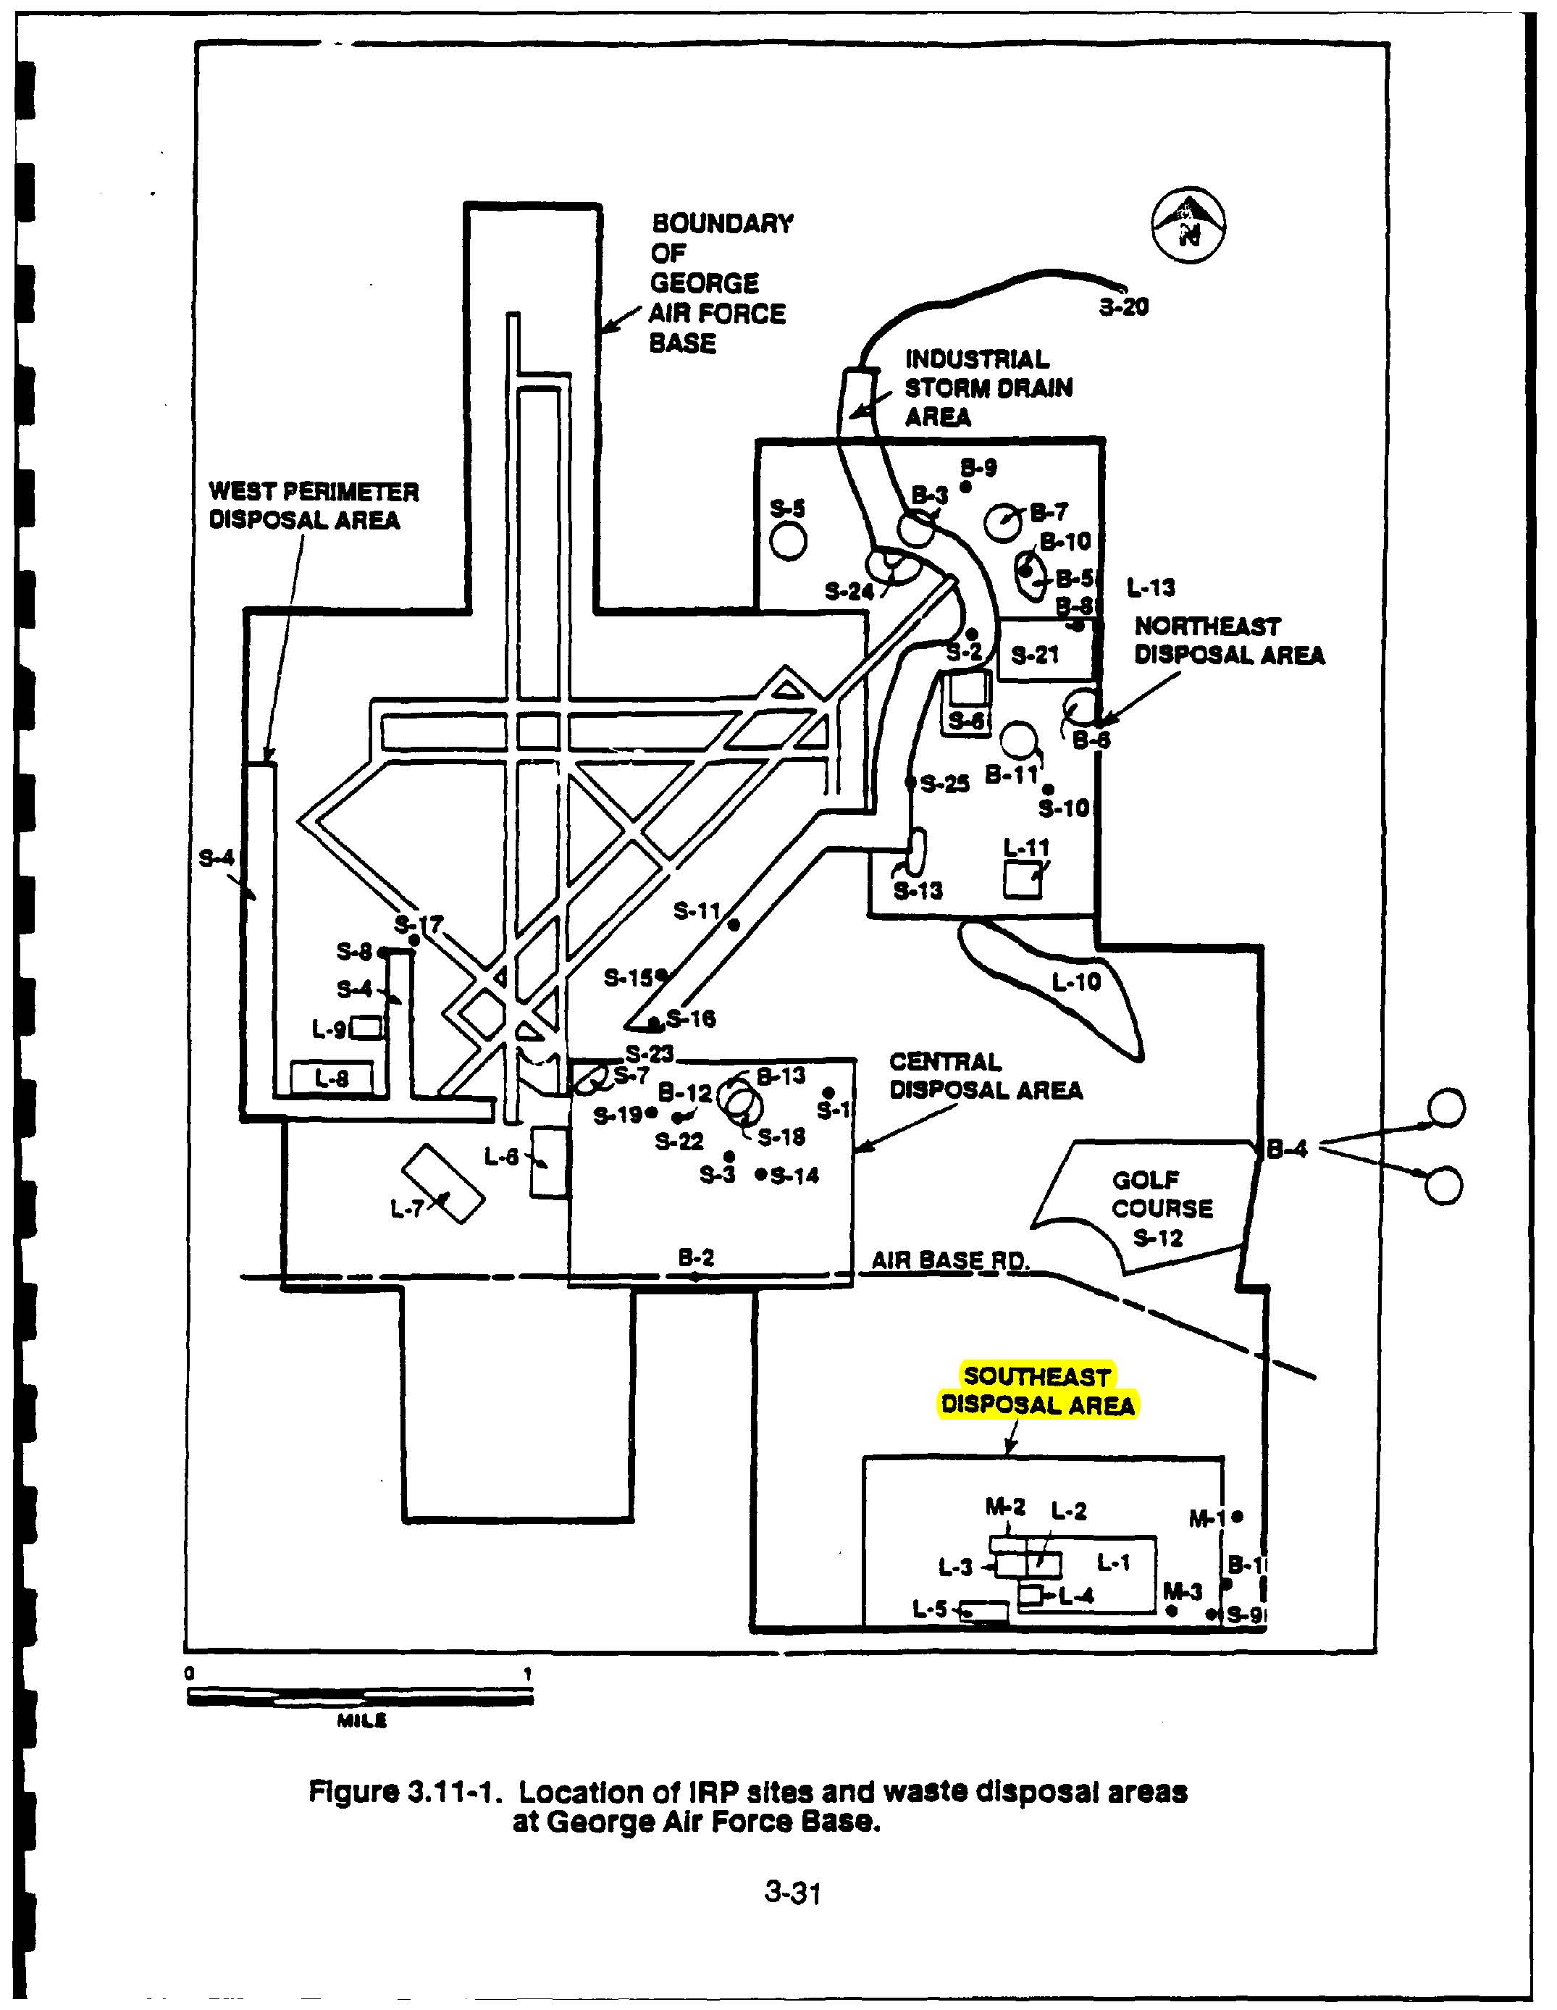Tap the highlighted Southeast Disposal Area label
1037,1391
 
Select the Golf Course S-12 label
1162,1208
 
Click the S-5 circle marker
789,540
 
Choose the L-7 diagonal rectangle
442,1184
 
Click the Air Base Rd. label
949,1260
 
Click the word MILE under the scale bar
361,1722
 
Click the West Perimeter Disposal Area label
313,506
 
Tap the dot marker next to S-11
734,925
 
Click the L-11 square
1023,881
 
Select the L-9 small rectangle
366,1027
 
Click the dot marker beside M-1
1238,1516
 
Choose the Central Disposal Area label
985,1076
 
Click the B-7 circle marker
1002,522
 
